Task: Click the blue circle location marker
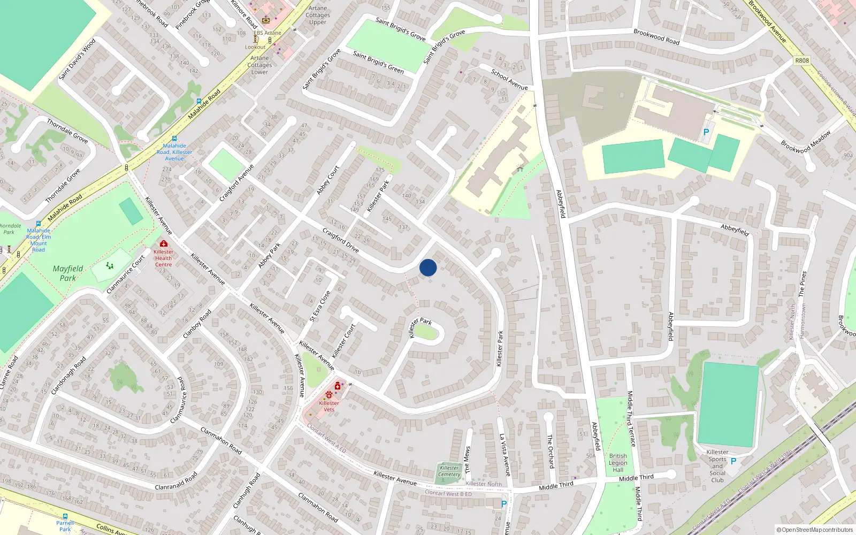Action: tap(428, 267)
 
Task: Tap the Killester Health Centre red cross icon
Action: tap(164, 243)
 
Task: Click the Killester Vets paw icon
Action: tap(328, 395)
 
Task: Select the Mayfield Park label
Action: tap(68, 273)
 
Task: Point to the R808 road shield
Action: tap(802, 60)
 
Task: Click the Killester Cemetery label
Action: tap(449, 471)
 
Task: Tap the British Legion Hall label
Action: tap(618, 463)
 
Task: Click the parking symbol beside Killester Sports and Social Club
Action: tap(733, 461)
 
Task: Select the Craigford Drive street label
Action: tap(341, 240)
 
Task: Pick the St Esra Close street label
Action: tap(320, 305)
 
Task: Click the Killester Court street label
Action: tap(343, 341)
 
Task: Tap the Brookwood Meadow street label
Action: tap(806, 142)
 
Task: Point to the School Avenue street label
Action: tap(509, 80)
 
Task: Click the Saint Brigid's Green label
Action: tap(378, 62)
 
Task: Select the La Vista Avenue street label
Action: tap(505, 455)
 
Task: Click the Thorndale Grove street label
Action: tap(67, 131)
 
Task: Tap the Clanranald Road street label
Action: tap(176, 480)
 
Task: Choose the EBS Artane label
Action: tap(267, 33)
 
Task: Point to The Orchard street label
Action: tap(550, 451)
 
